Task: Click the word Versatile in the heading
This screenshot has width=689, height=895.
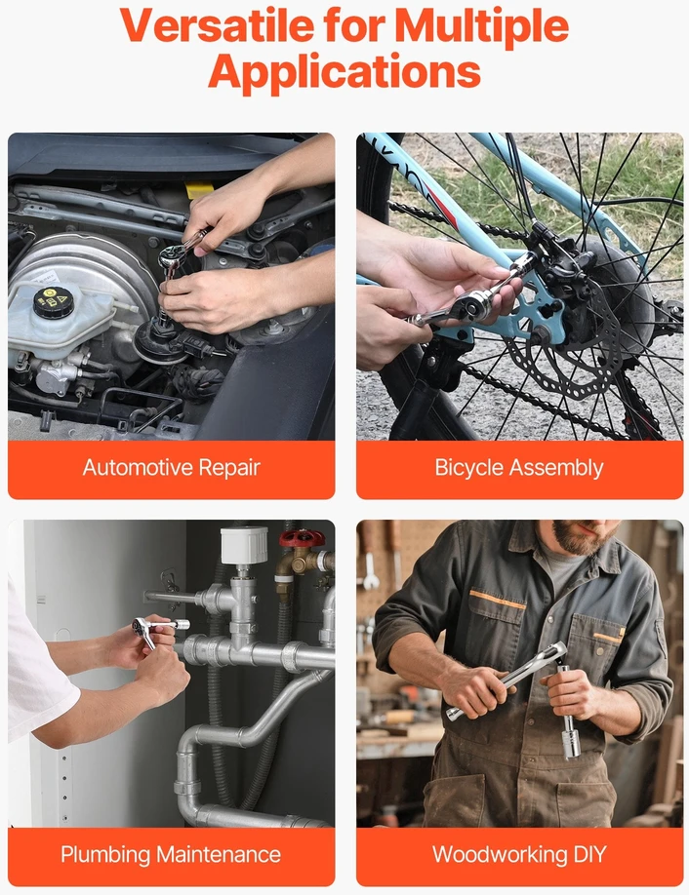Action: pyautogui.click(x=217, y=25)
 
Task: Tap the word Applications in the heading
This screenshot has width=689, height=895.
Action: pyautogui.click(x=344, y=72)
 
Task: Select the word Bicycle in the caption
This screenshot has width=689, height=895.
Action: pyautogui.click(x=469, y=468)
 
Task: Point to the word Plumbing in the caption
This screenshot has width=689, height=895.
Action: pyautogui.click(x=105, y=855)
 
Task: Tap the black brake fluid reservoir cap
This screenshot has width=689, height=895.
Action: pyautogui.click(x=53, y=302)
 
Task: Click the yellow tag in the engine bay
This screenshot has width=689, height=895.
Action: pyautogui.click(x=199, y=190)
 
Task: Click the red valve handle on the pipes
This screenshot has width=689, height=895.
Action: pyautogui.click(x=302, y=538)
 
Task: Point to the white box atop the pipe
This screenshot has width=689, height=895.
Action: pyautogui.click(x=244, y=545)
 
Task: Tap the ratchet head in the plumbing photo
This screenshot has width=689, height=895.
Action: pyautogui.click(x=142, y=626)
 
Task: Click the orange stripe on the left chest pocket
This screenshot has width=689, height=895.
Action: pyautogui.click(x=497, y=600)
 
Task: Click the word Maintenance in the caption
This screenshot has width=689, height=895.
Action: pyautogui.click(x=219, y=854)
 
